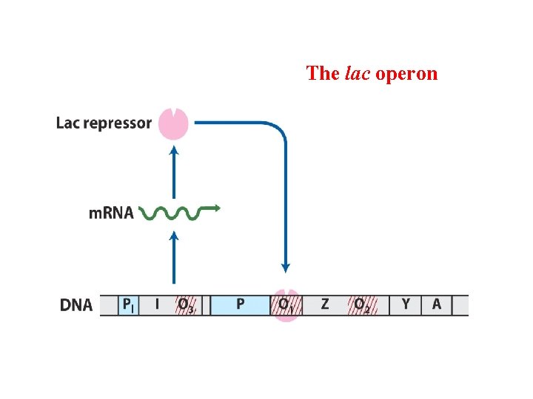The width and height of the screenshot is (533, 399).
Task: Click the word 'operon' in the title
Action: pyautogui.click(x=406, y=74)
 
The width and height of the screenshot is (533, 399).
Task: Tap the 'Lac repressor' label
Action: pyautogui.click(x=104, y=123)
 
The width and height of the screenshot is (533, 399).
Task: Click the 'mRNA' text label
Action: pyautogui.click(x=111, y=214)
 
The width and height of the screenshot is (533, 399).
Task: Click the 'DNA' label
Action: pyautogui.click(x=76, y=305)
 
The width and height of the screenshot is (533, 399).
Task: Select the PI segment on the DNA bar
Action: pyautogui.click(x=128, y=304)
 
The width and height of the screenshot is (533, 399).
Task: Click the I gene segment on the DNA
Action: pyautogui.click(x=156, y=304)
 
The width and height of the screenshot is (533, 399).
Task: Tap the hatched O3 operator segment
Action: pyautogui.click(x=185, y=305)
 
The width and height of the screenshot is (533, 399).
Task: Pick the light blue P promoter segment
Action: pyautogui.click(x=240, y=304)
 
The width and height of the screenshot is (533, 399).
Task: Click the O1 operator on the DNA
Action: pyautogui.click(x=286, y=305)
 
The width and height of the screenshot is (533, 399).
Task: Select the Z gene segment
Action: pyautogui.click(x=325, y=304)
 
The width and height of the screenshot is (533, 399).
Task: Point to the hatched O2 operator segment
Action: pyautogui.click(x=362, y=305)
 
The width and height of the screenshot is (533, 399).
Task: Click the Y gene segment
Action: pyautogui.click(x=406, y=304)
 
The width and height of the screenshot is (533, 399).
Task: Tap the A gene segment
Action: pyautogui.click(x=436, y=304)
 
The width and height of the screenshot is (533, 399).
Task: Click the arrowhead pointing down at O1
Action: pyautogui.click(x=286, y=268)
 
